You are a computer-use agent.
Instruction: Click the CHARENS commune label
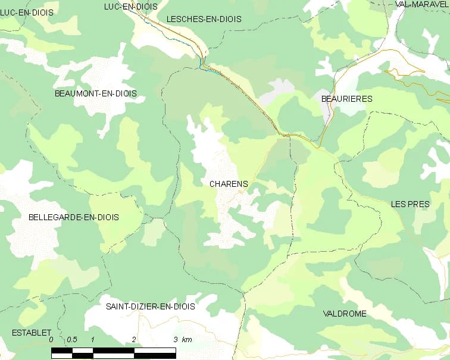pyautogui.click(x=229, y=184)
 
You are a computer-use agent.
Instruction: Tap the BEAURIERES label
pyautogui.click(x=346, y=99)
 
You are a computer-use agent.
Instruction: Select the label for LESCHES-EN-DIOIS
pyautogui.click(x=204, y=19)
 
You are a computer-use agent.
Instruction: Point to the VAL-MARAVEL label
pyautogui.click(x=421, y=4)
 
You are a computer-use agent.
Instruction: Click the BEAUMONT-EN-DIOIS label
pyautogui.click(x=95, y=93)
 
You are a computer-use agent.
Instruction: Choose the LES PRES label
pyautogui.click(x=410, y=204)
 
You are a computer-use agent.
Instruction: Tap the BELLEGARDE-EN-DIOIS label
pyautogui.click(x=74, y=217)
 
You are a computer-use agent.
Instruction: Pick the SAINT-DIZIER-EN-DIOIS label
pyautogui.click(x=151, y=306)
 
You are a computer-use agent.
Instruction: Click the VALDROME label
pyautogui.click(x=345, y=314)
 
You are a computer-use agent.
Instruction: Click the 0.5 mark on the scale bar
pyautogui.click(x=71, y=340)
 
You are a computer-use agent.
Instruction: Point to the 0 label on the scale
pyautogui.click(x=51, y=340)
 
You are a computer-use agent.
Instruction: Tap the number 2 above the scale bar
pyautogui.click(x=134, y=340)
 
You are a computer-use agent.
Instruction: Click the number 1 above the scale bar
pyautogui.click(x=93, y=340)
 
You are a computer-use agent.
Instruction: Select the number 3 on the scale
pyautogui.click(x=175, y=340)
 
